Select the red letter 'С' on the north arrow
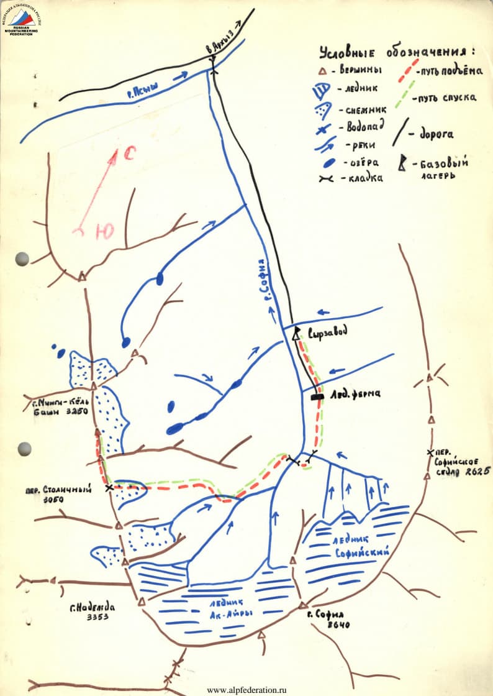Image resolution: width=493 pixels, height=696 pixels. pos(129,153)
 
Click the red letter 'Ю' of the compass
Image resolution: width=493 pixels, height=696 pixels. pos(104,232)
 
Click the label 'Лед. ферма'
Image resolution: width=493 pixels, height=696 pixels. pos(355,393)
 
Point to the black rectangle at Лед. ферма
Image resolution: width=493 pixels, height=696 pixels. pos(318,396)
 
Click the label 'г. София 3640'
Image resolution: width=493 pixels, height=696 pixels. pos(329,619)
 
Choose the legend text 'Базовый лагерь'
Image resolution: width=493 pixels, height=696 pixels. pos(443,168)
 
